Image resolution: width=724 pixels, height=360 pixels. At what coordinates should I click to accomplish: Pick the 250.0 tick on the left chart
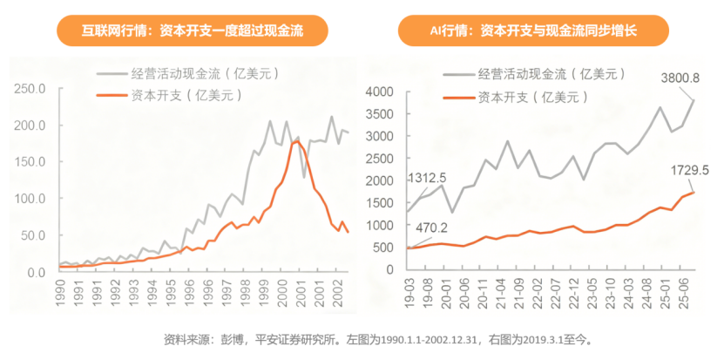coord(30,89)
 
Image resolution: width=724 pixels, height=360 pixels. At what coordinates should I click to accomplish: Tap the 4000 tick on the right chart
coord(381,92)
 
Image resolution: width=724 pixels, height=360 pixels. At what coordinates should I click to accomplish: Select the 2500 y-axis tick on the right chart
coord(381,159)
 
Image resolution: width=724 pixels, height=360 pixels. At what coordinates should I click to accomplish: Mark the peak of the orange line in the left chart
coord(295,142)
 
